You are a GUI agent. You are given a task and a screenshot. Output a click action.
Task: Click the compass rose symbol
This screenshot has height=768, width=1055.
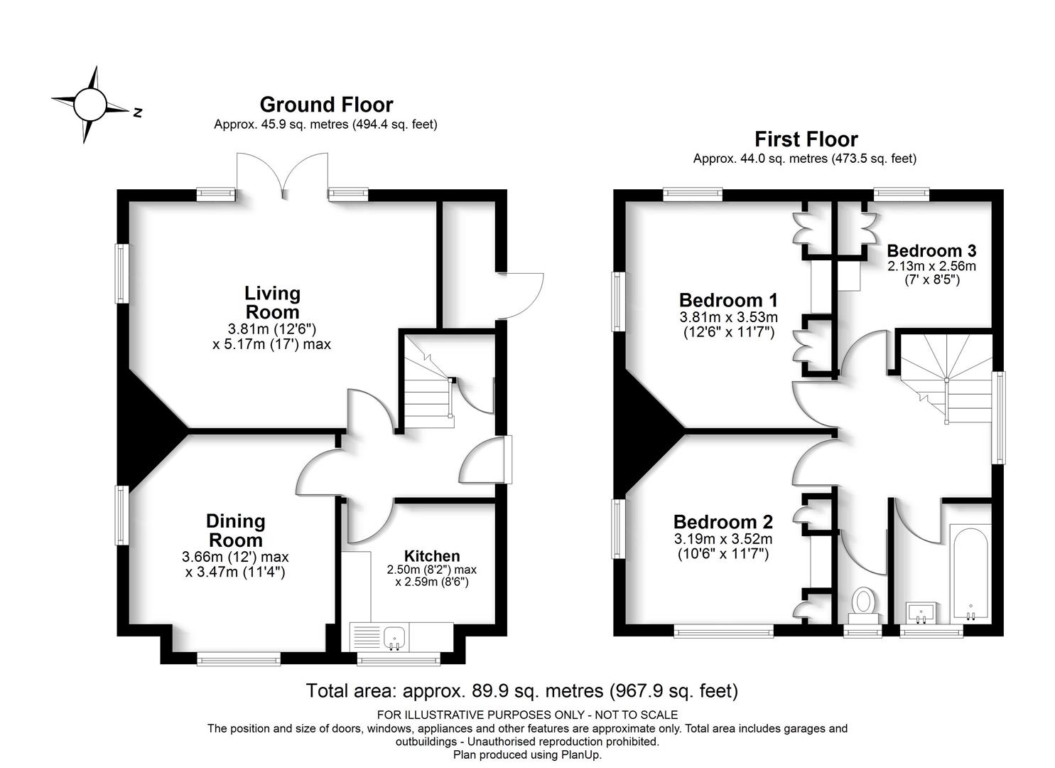click(90, 105)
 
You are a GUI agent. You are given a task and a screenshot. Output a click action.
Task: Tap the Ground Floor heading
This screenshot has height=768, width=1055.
click(326, 105)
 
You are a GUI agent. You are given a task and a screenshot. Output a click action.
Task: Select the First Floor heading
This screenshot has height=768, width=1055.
click(806, 139)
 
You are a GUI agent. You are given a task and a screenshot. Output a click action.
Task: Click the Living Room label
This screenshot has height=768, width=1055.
click(272, 303)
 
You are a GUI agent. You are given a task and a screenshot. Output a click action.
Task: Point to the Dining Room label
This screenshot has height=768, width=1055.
click(235, 531)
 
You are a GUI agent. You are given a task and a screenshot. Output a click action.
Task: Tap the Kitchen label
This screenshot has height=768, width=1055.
click(432, 556)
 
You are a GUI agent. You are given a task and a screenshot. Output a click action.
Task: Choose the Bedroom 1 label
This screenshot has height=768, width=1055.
click(728, 300)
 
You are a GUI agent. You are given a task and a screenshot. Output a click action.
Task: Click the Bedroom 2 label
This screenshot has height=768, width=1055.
click(723, 522)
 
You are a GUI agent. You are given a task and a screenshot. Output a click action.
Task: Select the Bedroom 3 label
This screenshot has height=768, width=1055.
click(931, 251)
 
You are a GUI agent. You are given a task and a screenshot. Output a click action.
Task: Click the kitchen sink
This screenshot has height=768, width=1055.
click(396, 637)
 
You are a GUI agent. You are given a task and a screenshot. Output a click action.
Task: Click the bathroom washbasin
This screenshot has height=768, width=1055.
click(921, 613)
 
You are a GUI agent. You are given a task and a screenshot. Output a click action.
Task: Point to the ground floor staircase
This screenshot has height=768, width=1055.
click(428, 382)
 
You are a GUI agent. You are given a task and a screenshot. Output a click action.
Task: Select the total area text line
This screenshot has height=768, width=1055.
click(522, 691)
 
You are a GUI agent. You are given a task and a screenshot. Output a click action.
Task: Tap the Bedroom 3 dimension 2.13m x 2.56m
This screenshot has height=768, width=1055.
click(931, 267)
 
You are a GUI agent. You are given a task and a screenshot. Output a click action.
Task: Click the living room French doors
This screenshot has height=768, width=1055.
click(283, 174)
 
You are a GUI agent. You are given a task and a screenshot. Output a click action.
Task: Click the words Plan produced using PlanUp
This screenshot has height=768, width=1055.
click(527, 754)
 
